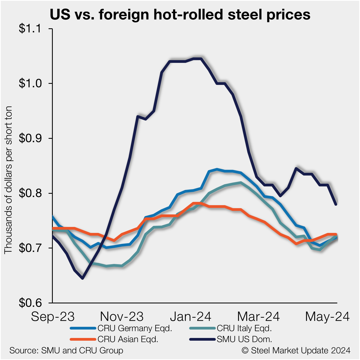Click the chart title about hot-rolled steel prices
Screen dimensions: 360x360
(x=180, y=15)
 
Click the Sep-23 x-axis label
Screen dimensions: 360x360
(x=53, y=316)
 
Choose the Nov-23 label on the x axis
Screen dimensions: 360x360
(x=122, y=316)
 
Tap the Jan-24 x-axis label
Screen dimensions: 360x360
(x=190, y=316)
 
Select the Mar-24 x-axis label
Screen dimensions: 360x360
(x=259, y=316)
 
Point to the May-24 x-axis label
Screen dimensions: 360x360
(x=327, y=316)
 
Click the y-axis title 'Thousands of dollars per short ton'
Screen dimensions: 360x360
(x=8, y=180)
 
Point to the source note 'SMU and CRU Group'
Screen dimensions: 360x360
(x=66, y=350)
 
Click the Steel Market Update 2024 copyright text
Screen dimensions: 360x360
(x=296, y=350)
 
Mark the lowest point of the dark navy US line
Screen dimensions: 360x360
(x=82, y=278)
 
